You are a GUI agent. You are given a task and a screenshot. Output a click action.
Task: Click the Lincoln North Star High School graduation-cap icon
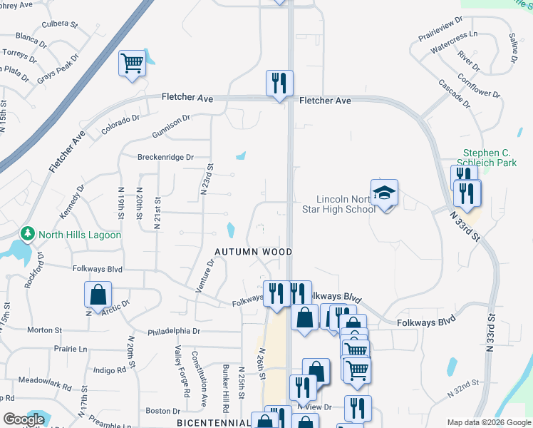tap(384, 193)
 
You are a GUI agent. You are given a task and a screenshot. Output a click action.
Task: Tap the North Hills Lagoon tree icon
tap(28, 234)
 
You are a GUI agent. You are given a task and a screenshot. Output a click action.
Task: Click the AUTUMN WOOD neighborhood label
tap(255, 252)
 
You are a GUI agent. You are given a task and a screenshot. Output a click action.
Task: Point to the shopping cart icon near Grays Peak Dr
tap(133, 63)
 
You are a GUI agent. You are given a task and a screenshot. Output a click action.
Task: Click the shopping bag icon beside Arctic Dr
tap(98, 294)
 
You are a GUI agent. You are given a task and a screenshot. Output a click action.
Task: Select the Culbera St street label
tap(59, 24)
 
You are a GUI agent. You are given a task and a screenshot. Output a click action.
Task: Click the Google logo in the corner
tap(24, 419)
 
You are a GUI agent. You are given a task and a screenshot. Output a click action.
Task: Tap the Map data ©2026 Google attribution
tap(489, 422)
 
